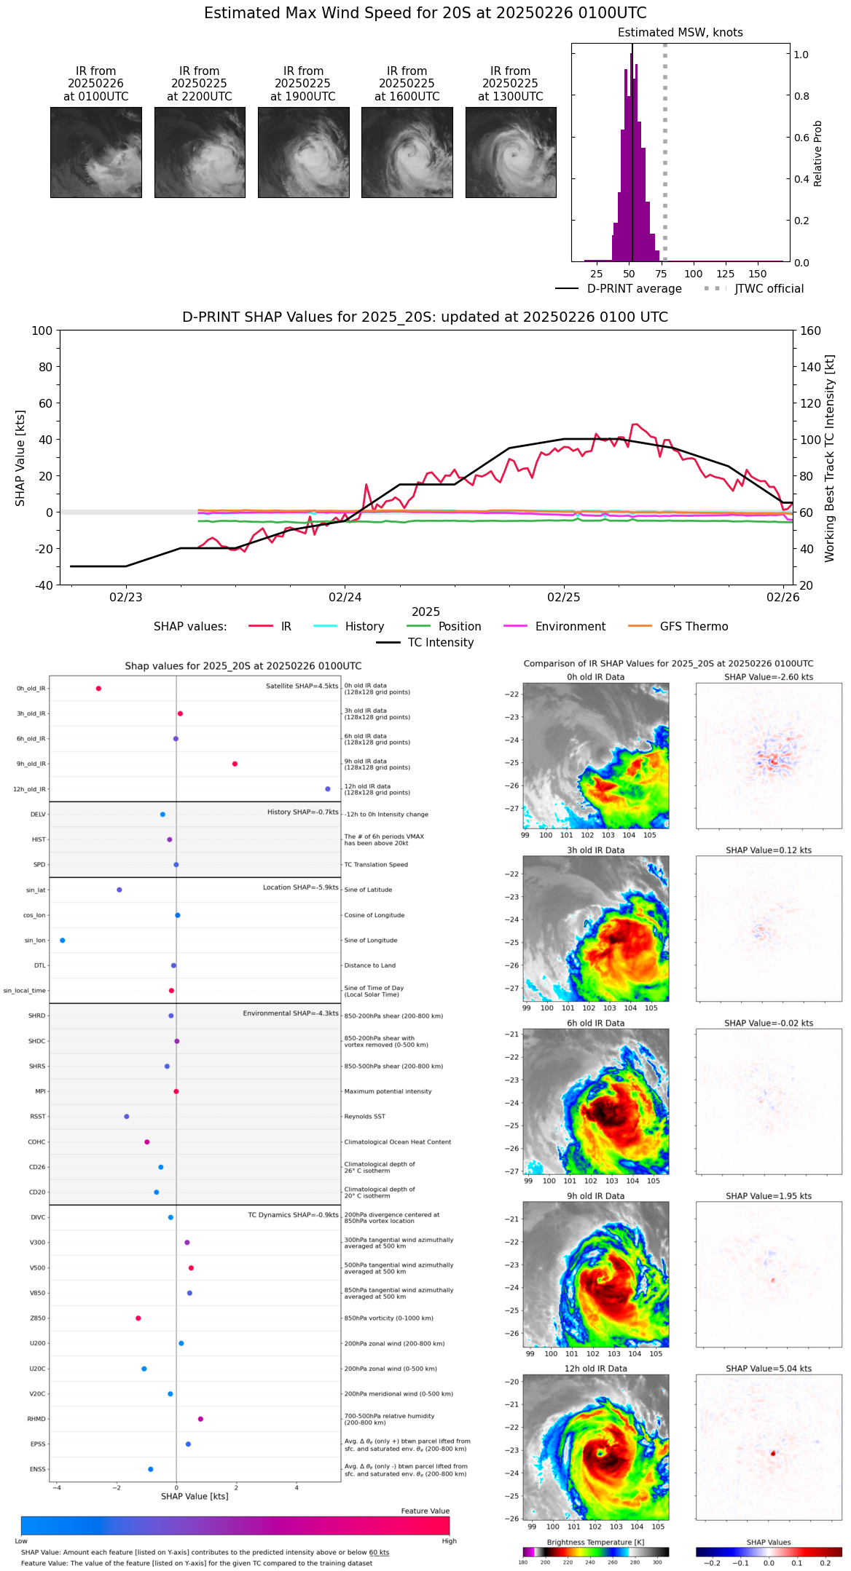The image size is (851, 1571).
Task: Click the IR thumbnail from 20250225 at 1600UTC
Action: [x=407, y=152]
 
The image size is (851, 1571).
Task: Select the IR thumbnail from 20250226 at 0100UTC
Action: [x=95, y=152]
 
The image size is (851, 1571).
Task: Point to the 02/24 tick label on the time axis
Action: [x=345, y=597]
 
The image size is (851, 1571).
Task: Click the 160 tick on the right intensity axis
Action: [x=810, y=331]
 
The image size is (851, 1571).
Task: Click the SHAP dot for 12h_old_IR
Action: [x=328, y=789]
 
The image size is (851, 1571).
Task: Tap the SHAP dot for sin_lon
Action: [x=62, y=941]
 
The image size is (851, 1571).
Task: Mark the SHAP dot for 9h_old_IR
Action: [x=235, y=764]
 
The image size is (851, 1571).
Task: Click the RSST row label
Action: [x=38, y=1117]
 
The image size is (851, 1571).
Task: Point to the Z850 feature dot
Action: [x=138, y=1318]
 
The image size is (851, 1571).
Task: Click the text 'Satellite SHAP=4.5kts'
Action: [x=302, y=686]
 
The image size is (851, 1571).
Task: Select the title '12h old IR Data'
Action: [x=595, y=1369]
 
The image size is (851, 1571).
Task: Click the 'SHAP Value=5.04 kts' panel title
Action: [x=769, y=1369]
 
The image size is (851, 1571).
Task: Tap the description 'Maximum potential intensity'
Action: [x=388, y=1091]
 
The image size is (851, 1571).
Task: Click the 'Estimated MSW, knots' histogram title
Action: [x=680, y=33]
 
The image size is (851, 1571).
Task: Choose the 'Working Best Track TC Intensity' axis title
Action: [x=829, y=459]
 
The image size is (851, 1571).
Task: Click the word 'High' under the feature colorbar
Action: [x=449, y=1540]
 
